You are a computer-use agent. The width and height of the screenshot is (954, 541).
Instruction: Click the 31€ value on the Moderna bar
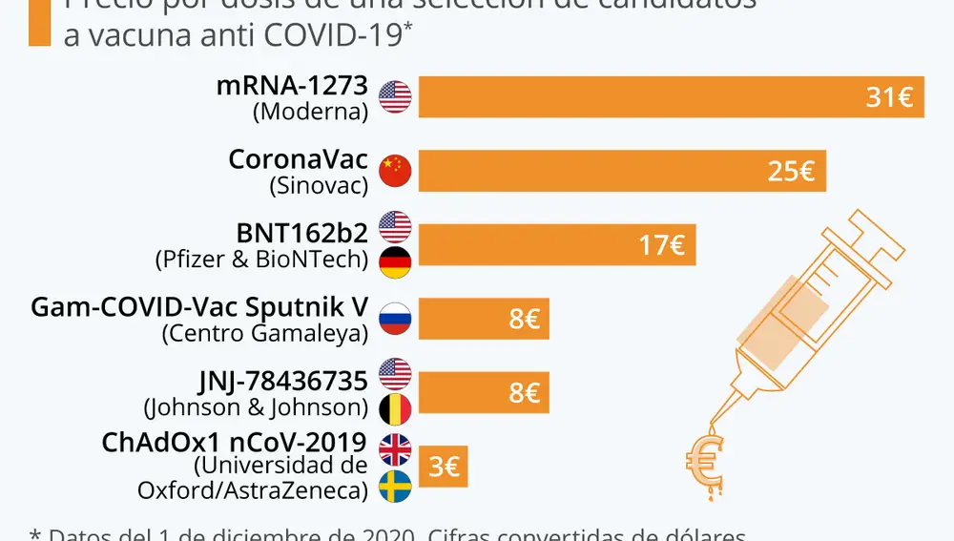click(890, 97)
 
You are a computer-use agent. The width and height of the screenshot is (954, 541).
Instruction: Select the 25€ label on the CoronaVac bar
click(791, 172)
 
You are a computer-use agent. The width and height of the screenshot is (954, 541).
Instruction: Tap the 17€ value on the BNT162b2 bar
click(662, 246)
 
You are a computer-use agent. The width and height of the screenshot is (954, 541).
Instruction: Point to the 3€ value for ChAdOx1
click(445, 468)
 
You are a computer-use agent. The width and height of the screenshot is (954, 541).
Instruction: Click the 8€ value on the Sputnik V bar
click(524, 320)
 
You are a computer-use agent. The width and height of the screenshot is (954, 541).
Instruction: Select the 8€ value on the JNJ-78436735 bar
click(524, 393)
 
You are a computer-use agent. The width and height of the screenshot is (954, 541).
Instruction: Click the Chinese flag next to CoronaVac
click(395, 171)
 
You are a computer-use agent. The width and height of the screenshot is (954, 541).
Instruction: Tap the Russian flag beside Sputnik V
click(395, 319)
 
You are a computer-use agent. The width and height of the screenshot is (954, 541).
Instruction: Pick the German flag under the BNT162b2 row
click(395, 262)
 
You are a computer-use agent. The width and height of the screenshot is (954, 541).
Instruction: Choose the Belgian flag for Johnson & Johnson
click(395, 410)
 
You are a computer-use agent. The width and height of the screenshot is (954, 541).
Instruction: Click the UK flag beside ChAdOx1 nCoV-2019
click(395, 448)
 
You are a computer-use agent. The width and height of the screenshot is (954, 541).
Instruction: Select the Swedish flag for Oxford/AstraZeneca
click(395, 486)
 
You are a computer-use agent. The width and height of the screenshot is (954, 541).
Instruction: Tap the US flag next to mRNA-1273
click(395, 96)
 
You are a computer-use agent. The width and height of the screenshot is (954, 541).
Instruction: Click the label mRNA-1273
click(292, 86)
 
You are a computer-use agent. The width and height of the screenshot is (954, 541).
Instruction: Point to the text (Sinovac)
click(319, 185)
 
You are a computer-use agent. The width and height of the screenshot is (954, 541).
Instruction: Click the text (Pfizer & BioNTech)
click(260, 259)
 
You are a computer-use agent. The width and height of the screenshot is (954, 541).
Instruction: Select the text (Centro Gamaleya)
click(264, 333)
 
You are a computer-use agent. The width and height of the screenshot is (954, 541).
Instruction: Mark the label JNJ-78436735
click(282, 382)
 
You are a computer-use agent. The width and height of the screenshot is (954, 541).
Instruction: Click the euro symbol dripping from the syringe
click(705, 462)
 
